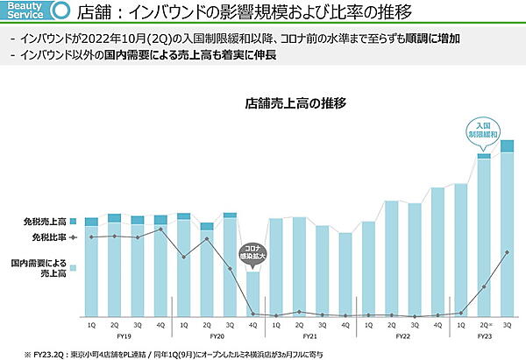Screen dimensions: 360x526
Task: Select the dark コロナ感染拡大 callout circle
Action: click(252, 253)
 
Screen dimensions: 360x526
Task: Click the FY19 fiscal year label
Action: click(125, 335)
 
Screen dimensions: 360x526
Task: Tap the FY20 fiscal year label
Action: click(217, 335)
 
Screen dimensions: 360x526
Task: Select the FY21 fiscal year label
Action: click(309, 335)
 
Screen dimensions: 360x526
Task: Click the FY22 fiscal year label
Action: click(402, 335)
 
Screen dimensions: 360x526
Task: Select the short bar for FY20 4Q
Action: click(252, 293)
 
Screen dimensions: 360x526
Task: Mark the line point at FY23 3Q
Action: click(506, 252)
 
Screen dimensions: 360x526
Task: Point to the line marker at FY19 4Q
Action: click(160, 229)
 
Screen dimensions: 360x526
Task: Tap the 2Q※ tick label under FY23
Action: click(483, 324)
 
